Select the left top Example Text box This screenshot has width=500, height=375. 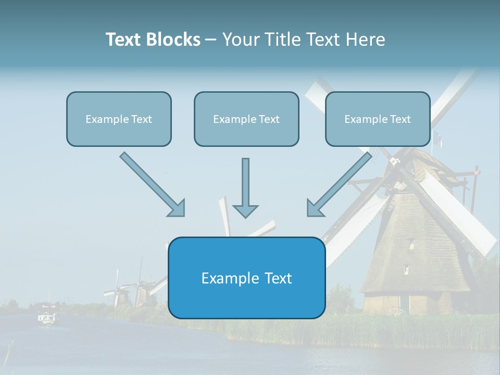(x=119, y=119)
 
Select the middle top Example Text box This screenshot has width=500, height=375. (x=246, y=119)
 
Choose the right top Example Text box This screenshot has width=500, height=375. (x=378, y=119)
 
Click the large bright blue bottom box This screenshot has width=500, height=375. (x=246, y=278)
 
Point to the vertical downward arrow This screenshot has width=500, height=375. (x=245, y=182)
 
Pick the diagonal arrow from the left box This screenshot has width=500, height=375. (x=151, y=183)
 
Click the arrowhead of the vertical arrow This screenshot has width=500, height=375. (x=245, y=210)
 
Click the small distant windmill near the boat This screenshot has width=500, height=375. (x=119, y=292)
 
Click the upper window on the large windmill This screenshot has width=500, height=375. (x=411, y=243)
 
